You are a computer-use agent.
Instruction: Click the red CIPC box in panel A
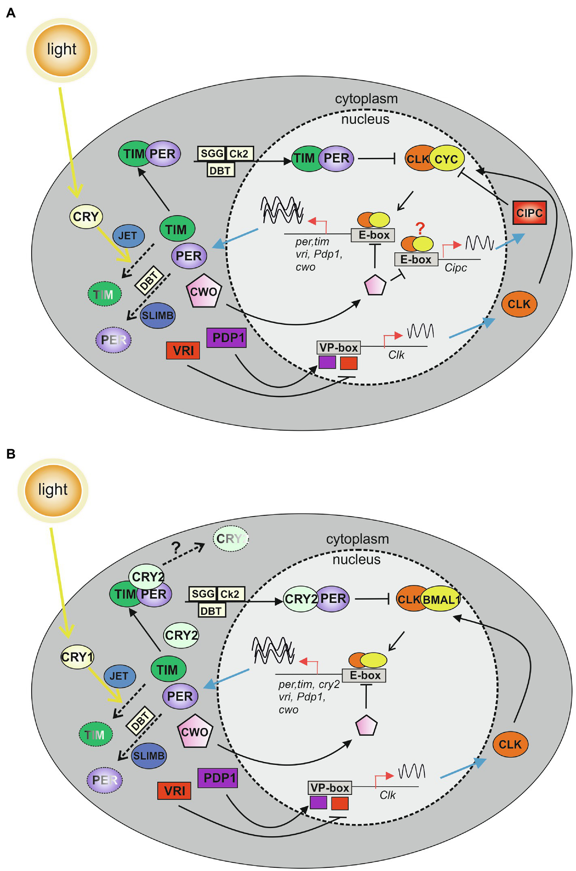[529, 213]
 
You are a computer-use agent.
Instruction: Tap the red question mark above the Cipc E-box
[420, 228]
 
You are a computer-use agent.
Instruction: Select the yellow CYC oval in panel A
[447, 159]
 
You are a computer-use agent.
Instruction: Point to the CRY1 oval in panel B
[77, 656]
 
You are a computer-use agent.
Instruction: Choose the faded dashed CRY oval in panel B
[231, 538]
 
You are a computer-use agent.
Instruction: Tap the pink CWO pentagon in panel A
[203, 292]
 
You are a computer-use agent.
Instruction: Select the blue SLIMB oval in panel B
[149, 756]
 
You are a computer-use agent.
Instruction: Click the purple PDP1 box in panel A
[227, 337]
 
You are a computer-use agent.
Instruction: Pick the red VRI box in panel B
[174, 791]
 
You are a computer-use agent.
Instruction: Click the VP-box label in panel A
[338, 348]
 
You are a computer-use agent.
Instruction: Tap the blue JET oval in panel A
[128, 236]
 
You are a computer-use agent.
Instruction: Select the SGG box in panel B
[203, 594]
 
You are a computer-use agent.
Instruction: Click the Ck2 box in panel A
[239, 154]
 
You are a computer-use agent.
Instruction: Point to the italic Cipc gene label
[456, 268]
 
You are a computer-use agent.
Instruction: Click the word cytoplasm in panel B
[357, 539]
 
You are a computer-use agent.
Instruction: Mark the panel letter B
[11, 454]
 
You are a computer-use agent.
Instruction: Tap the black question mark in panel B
[176, 548]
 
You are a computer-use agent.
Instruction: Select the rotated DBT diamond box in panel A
[149, 280]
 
